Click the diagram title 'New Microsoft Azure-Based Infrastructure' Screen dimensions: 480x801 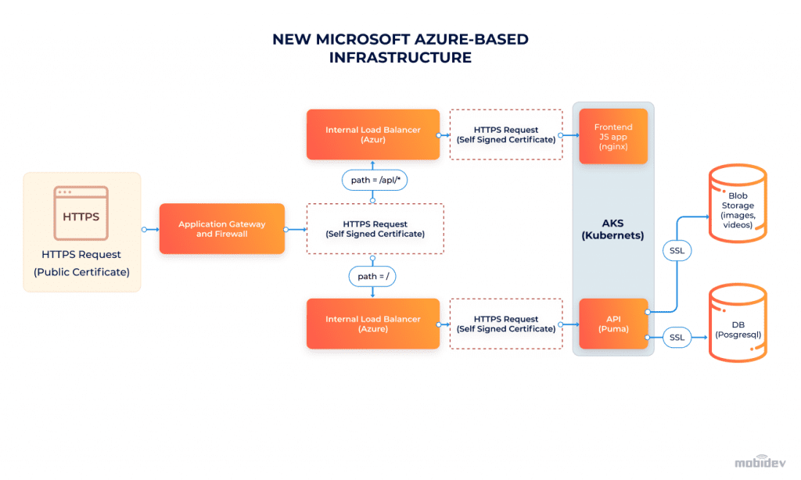tap(400, 48)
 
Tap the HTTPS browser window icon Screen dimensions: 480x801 tap(81, 213)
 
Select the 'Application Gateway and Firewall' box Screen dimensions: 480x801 tap(221, 229)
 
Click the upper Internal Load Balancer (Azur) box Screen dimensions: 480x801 tap(373, 134)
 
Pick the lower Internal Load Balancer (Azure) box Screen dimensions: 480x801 tap(373, 324)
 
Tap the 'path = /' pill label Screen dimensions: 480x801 tap(372, 276)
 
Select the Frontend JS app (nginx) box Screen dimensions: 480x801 tap(613, 137)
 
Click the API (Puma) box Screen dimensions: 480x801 tap(613, 324)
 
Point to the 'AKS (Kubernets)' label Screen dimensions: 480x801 tap(612, 229)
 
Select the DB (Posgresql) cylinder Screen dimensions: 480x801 tap(738, 324)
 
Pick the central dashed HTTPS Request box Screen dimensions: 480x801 tap(375, 229)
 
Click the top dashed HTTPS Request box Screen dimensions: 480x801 tap(505, 134)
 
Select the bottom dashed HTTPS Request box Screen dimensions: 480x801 tap(505, 324)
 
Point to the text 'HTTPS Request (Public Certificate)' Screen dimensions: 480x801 tap(81, 263)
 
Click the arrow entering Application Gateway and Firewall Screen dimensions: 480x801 tap(151, 230)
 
